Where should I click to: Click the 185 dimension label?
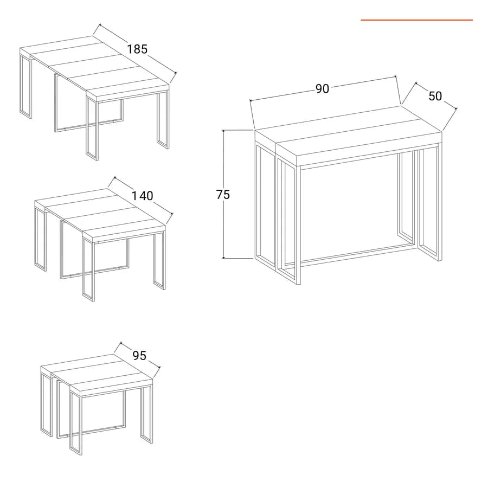(137, 49)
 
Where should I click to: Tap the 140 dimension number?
(143, 196)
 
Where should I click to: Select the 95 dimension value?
(139, 355)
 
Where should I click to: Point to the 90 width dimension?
(322, 89)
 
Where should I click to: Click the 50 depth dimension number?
(435, 96)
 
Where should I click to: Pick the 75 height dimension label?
(223, 195)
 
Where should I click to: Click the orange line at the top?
(417, 20)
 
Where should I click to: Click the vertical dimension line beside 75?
(223, 194)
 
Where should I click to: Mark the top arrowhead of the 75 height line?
(223, 132)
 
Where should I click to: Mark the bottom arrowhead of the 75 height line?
(223, 257)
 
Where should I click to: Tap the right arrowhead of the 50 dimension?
(455, 108)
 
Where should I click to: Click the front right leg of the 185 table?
(163, 120)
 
